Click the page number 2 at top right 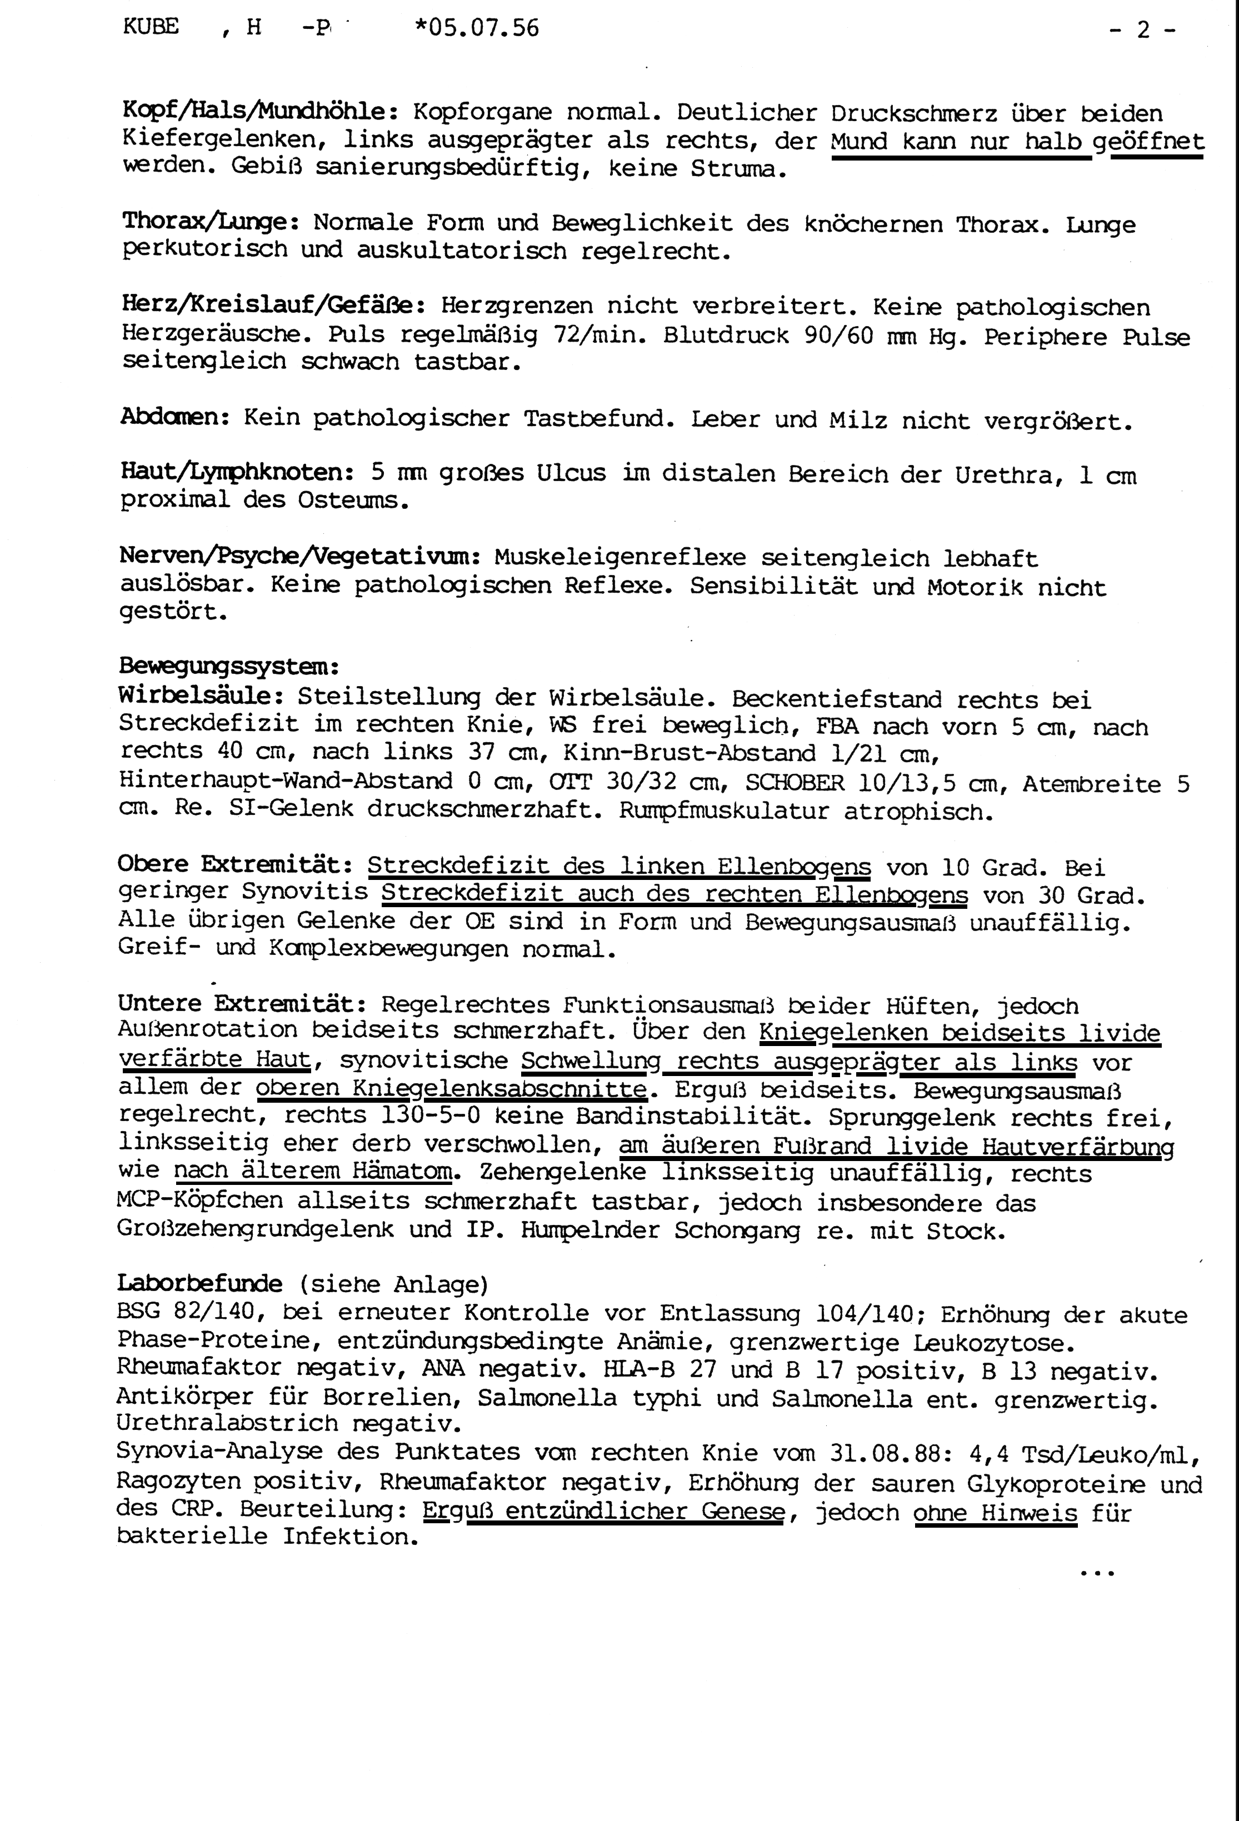coord(1143,30)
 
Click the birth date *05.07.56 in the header coord(477,28)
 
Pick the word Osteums coord(353,501)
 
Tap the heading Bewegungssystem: coord(229,667)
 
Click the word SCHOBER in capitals coord(795,783)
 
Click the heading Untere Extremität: coord(242,1004)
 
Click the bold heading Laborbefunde coord(200,1283)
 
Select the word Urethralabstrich coord(227,1423)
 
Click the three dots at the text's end coord(1096,1573)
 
